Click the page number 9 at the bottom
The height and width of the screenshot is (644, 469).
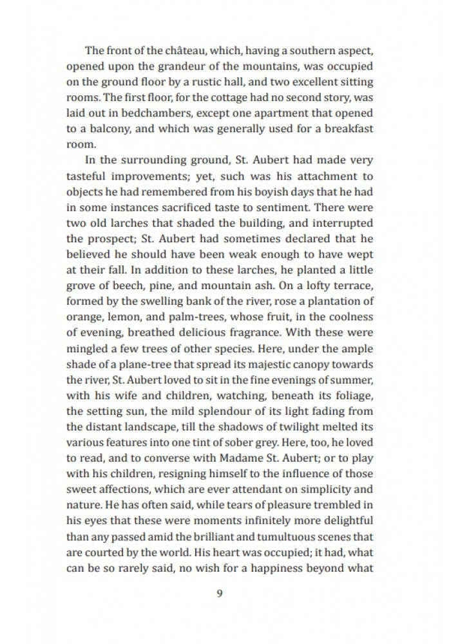point(220,594)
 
